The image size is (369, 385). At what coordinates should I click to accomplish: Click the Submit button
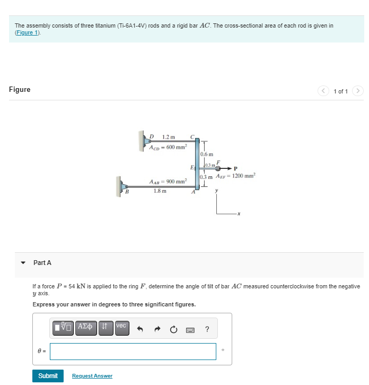coord(48,375)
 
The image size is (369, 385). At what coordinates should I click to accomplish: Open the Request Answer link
coord(92,376)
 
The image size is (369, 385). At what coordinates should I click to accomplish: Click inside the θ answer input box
coord(133,351)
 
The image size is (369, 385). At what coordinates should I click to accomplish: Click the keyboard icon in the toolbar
coord(190,330)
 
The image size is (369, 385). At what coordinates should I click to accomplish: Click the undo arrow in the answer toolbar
coord(140,330)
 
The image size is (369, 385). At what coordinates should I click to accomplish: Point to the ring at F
coord(217,169)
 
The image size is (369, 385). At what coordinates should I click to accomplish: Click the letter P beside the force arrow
coord(228,169)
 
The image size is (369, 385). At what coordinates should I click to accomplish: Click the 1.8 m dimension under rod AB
coord(160,191)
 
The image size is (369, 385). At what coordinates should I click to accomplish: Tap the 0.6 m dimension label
coord(207,155)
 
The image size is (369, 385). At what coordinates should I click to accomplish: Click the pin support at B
coord(118,186)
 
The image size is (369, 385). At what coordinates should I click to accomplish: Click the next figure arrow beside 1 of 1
coord(358,91)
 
